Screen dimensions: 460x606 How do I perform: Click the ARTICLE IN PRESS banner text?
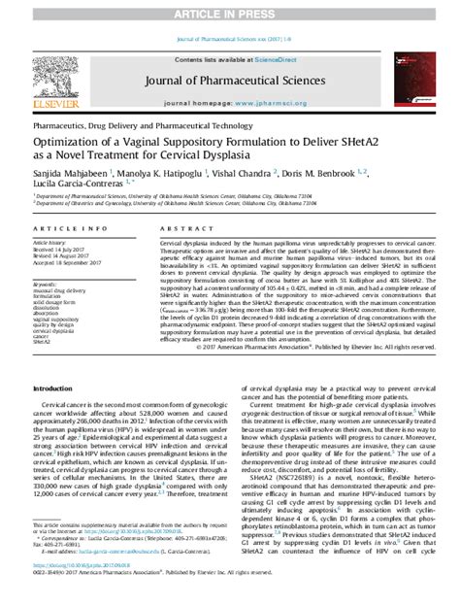(230, 9)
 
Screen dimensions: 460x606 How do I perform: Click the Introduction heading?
(58, 414)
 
